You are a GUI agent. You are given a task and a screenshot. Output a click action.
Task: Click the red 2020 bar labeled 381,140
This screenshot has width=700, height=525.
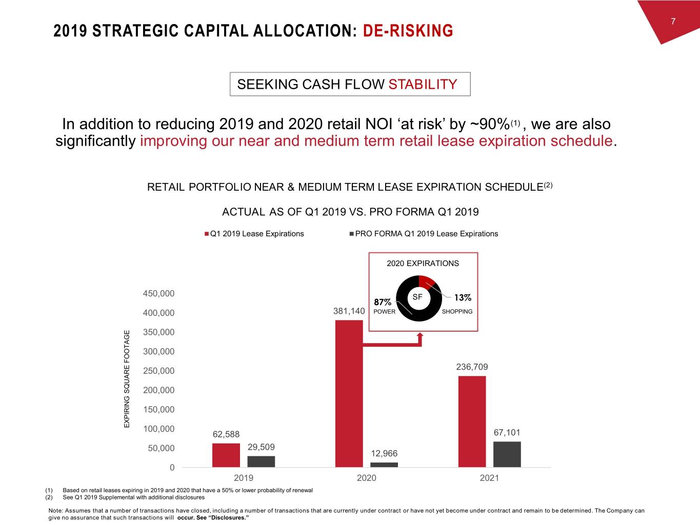[349, 393]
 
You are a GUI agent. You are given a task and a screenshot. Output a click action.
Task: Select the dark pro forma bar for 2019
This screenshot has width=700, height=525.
[261, 461]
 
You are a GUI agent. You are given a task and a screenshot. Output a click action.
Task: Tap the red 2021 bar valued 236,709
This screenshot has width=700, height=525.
[472, 421]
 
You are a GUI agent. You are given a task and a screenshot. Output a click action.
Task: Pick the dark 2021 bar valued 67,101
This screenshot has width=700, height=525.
[507, 454]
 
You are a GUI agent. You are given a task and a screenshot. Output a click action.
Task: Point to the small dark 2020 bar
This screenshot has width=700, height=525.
[384, 465]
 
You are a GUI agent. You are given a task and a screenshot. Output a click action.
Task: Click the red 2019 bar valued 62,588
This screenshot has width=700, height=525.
[226, 455]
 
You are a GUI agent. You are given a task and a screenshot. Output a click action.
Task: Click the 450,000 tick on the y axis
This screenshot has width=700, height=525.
[158, 293]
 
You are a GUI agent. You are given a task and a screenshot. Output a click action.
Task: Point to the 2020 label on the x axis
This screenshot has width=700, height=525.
[366, 478]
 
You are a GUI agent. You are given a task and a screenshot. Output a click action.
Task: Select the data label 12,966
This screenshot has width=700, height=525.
[384, 453]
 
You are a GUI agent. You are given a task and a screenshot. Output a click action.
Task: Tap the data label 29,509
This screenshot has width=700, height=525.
[261, 447]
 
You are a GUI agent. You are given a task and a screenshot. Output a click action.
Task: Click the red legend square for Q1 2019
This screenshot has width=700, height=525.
[207, 234]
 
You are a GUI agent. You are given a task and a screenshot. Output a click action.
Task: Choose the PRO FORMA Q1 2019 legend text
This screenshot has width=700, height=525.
[426, 234]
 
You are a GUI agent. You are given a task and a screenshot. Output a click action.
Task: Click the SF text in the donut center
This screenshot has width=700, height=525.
[417, 297]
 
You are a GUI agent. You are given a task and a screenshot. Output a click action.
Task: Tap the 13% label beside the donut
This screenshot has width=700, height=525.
[463, 297]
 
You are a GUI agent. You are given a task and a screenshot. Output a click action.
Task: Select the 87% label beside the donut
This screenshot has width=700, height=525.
[383, 302]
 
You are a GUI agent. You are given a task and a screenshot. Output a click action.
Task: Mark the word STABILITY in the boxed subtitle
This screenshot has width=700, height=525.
[423, 84]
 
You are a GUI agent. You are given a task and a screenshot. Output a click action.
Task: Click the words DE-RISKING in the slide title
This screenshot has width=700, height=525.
[408, 31]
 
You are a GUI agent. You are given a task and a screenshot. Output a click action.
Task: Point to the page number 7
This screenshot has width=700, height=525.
[673, 21]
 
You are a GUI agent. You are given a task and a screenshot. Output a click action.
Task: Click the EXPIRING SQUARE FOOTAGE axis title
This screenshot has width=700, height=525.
[127, 379]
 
